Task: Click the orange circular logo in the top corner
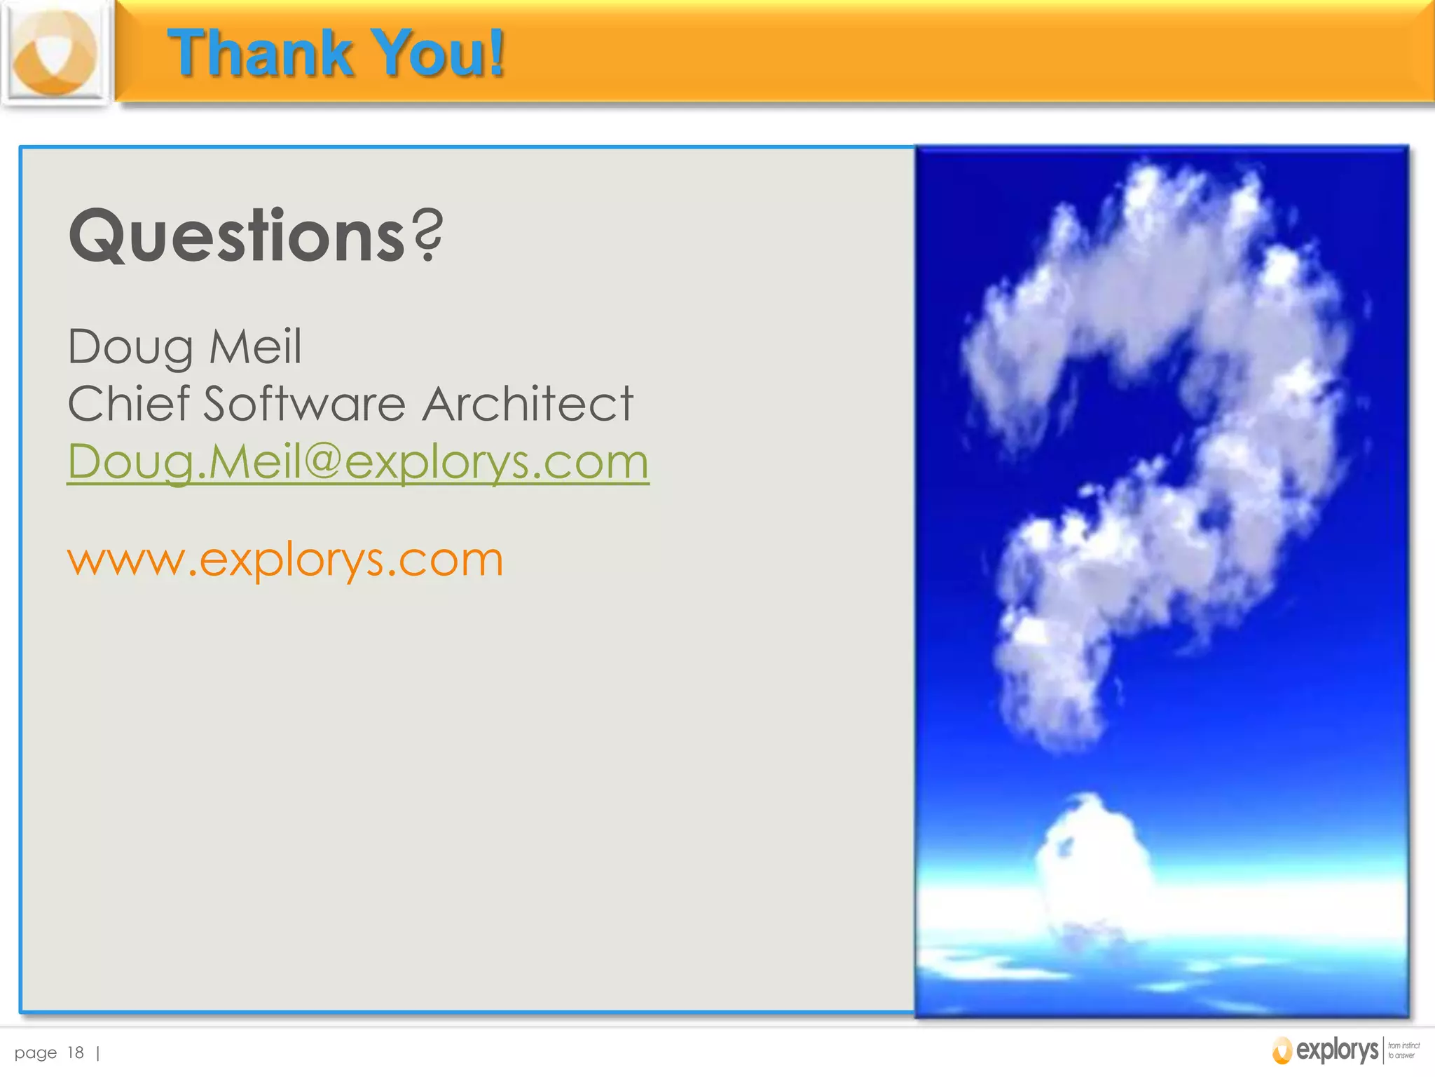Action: click(55, 53)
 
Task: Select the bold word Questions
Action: click(237, 236)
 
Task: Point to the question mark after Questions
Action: click(428, 235)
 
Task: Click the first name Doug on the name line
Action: click(130, 347)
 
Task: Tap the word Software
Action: click(305, 405)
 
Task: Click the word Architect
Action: click(529, 405)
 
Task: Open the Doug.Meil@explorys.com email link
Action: click(358, 462)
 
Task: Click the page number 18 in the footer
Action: click(76, 1052)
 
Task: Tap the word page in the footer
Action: click(36, 1053)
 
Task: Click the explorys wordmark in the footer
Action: click(1337, 1050)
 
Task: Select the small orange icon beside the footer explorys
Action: click(1282, 1050)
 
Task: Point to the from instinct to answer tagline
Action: click(1403, 1050)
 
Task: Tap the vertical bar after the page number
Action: click(97, 1052)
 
